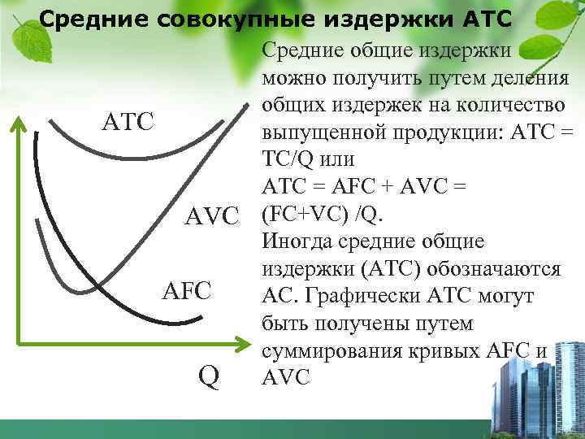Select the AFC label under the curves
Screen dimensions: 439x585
186,289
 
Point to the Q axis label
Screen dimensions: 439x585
209,376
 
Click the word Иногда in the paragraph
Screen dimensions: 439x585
298,241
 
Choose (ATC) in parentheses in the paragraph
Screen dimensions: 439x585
392,268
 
